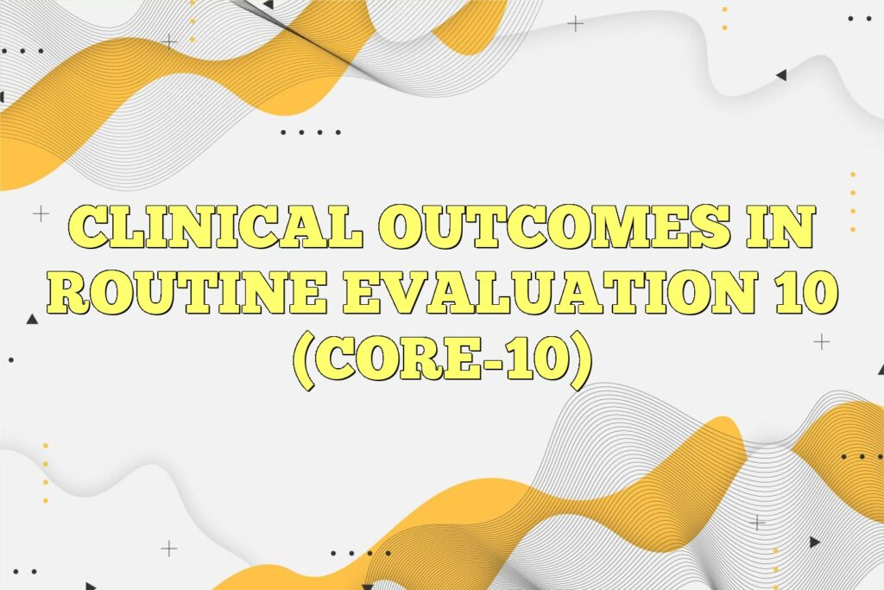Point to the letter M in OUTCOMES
(619, 230)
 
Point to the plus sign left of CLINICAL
(41, 213)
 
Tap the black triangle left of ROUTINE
(32, 320)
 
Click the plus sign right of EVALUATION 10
(822, 342)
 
